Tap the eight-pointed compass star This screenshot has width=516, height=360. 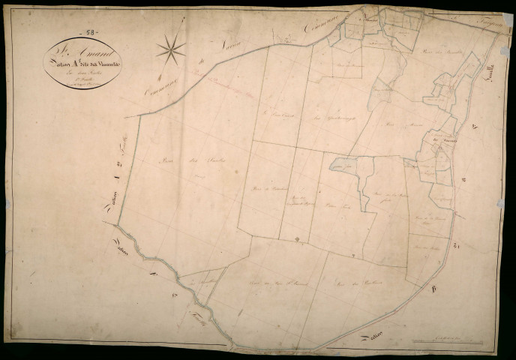171,50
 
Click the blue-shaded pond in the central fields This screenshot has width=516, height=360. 343,167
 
